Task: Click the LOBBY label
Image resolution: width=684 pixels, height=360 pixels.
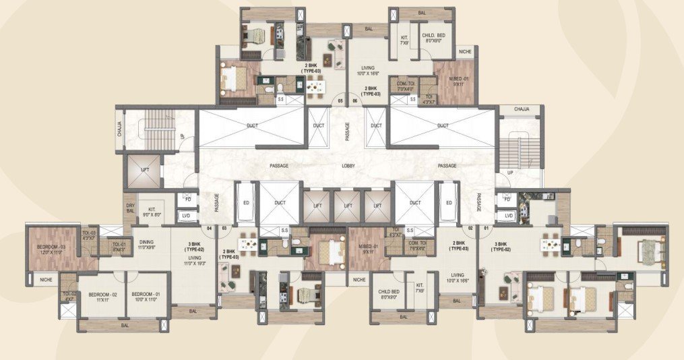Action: [x=348, y=165]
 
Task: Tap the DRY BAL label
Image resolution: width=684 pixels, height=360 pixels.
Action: [x=130, y=210]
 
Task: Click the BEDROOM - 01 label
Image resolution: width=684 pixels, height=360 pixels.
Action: [x=144, y=297]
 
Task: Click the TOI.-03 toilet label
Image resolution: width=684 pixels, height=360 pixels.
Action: [x=89, y=236]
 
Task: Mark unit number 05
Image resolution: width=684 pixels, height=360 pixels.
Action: [x=340, y=101]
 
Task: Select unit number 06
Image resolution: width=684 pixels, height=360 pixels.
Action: [x=354, y=101]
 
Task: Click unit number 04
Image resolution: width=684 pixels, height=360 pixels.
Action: [x=210, y=229]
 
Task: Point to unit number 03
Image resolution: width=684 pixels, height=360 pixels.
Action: [x=224, y=229]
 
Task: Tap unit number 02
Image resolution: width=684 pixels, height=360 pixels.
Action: [x=470, y=229]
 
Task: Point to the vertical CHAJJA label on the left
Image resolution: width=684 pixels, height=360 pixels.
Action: [x=119, y=128]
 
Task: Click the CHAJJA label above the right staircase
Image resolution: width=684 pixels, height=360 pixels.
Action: [x=521, y=109]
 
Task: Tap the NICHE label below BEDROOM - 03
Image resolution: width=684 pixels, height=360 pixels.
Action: [x=45, y=279]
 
